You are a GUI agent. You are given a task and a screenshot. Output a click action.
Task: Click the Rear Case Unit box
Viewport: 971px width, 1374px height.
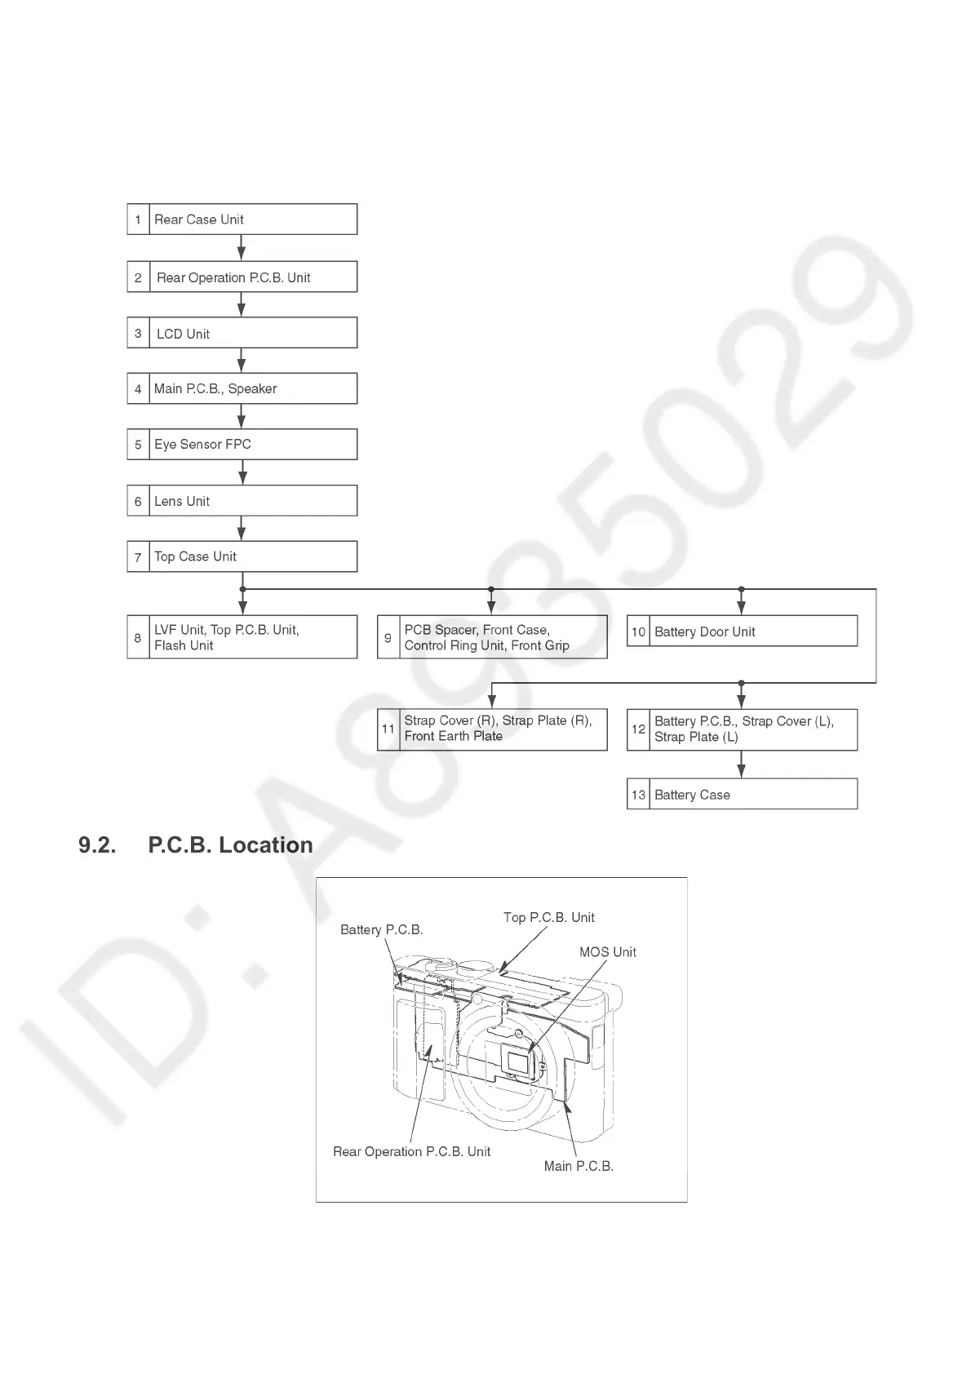242,219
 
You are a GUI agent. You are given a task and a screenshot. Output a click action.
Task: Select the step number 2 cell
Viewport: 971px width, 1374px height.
138,277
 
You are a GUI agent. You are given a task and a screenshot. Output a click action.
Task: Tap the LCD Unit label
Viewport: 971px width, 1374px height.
183,334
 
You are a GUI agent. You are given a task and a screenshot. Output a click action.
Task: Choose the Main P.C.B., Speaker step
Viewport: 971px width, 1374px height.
242,388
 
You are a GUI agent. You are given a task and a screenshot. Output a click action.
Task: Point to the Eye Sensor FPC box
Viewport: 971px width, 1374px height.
242,445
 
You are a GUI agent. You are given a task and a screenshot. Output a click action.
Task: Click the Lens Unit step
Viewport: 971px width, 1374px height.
242,501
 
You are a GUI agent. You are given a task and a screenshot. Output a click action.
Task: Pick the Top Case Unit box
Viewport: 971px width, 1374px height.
242,556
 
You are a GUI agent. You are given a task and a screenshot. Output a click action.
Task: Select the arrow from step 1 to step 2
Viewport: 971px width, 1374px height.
242,248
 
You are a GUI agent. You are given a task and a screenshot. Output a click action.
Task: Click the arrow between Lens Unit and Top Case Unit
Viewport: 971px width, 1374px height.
242,529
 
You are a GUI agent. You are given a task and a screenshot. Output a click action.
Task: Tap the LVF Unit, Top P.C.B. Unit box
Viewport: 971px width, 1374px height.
242,637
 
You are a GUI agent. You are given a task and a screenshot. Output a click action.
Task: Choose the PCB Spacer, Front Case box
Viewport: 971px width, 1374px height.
492,637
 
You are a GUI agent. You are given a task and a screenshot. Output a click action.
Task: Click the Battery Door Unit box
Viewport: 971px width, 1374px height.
742,632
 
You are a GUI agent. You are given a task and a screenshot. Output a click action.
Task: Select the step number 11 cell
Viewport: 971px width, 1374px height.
388,729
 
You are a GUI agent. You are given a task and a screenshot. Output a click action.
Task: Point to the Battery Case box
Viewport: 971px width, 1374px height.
742,795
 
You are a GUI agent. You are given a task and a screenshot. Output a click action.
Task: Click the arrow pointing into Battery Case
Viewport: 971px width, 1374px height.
741,765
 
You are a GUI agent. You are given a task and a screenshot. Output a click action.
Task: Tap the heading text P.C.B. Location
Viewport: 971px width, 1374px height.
230,845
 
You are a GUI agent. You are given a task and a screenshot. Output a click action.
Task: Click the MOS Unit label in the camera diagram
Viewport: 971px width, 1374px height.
607,952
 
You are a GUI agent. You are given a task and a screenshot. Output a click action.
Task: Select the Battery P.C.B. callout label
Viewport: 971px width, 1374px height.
381,930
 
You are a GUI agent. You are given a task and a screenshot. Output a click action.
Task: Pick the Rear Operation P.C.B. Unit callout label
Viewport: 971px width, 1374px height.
411,1152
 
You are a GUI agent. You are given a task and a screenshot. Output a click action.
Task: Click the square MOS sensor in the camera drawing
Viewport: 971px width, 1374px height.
518,1062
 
